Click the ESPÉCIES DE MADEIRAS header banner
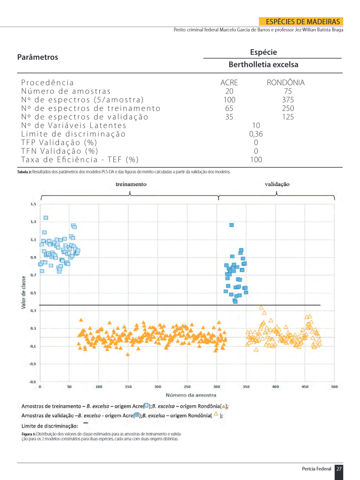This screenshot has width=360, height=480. [303, 22]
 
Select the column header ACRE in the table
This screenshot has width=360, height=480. [229, 83]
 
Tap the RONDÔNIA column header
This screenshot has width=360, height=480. [285, 83]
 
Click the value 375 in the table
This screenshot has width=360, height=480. [288, 100]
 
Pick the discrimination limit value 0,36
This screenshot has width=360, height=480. [256, 134]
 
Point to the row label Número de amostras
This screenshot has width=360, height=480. [66, 91]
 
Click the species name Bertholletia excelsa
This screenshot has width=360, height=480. [264, 65]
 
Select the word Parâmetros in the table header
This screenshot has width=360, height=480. [38, 57]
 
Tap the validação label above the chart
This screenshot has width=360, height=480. [277, 184]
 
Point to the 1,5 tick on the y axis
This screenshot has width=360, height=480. [33, 204]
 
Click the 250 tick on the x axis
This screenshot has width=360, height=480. [187, 387]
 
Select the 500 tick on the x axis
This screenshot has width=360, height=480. [334, 387]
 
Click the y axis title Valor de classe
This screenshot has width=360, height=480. [24, 292]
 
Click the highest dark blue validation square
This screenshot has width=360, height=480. [232, 225]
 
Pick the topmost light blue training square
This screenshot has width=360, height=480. [46, 218]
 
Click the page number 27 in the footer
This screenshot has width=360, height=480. [339, 469]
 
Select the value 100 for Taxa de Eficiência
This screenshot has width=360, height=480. [256, 159]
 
